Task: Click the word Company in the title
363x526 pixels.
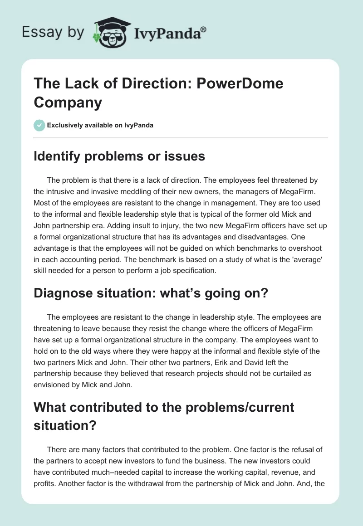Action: [x=68, y=102]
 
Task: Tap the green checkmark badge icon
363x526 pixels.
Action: [x=39, y=125]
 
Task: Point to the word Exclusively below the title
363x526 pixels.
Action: [x=67, y=126]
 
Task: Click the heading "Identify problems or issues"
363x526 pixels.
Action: [x=119, y=156]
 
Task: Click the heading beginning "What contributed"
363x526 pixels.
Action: [x=164, y=407]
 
